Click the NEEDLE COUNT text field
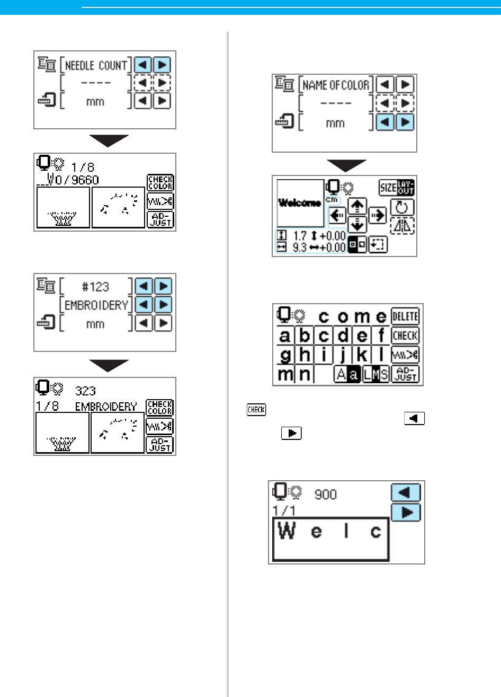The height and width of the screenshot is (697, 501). [96, 66]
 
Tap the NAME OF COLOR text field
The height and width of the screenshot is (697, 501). [336, 85]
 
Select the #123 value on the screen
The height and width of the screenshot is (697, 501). [96, 287]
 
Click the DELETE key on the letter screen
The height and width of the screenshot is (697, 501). [405, 316]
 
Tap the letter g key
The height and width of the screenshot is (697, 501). [285, 355]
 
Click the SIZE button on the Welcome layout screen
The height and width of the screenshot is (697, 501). [388, 187]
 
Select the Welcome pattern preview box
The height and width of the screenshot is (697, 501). [300, 203]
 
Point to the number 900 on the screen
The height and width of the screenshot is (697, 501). [326, 494]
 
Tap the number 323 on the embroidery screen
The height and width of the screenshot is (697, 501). [85, 391]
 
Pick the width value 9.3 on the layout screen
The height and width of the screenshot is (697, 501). [299, 248]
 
